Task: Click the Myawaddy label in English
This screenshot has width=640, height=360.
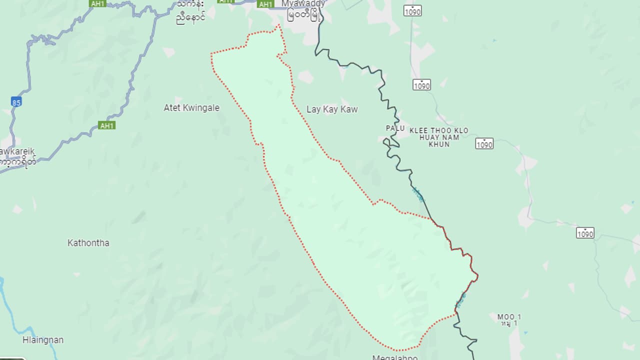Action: (x=303, y=3)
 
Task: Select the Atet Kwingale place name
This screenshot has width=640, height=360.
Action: (x=191, y=107)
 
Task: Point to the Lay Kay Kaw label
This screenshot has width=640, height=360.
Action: (x=332, y=109)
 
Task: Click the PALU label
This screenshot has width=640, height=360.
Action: (x=395, y=128)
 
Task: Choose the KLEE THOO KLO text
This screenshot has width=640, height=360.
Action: (x=438, y=130)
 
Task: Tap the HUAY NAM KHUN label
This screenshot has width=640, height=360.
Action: (x=438, y=140)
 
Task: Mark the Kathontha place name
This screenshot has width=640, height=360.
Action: (x=88, y=243)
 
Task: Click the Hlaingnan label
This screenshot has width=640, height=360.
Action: (x=43, y=340)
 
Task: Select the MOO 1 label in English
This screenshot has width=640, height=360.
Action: (x=509, y=317)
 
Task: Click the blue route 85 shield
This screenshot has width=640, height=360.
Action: (x=16, y=102)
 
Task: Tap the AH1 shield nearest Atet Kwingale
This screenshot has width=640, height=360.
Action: (x=106, y=125)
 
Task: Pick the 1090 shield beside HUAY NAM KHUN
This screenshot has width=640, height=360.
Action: (x=484, y=144)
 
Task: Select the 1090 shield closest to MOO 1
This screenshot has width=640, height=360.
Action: (x=584, y=233)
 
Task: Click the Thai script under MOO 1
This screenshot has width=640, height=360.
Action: (x=509, y=324)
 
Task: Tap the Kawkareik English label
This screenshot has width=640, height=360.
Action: (x=18, y=151)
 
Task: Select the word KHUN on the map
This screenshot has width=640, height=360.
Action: (x=438, y=144)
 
